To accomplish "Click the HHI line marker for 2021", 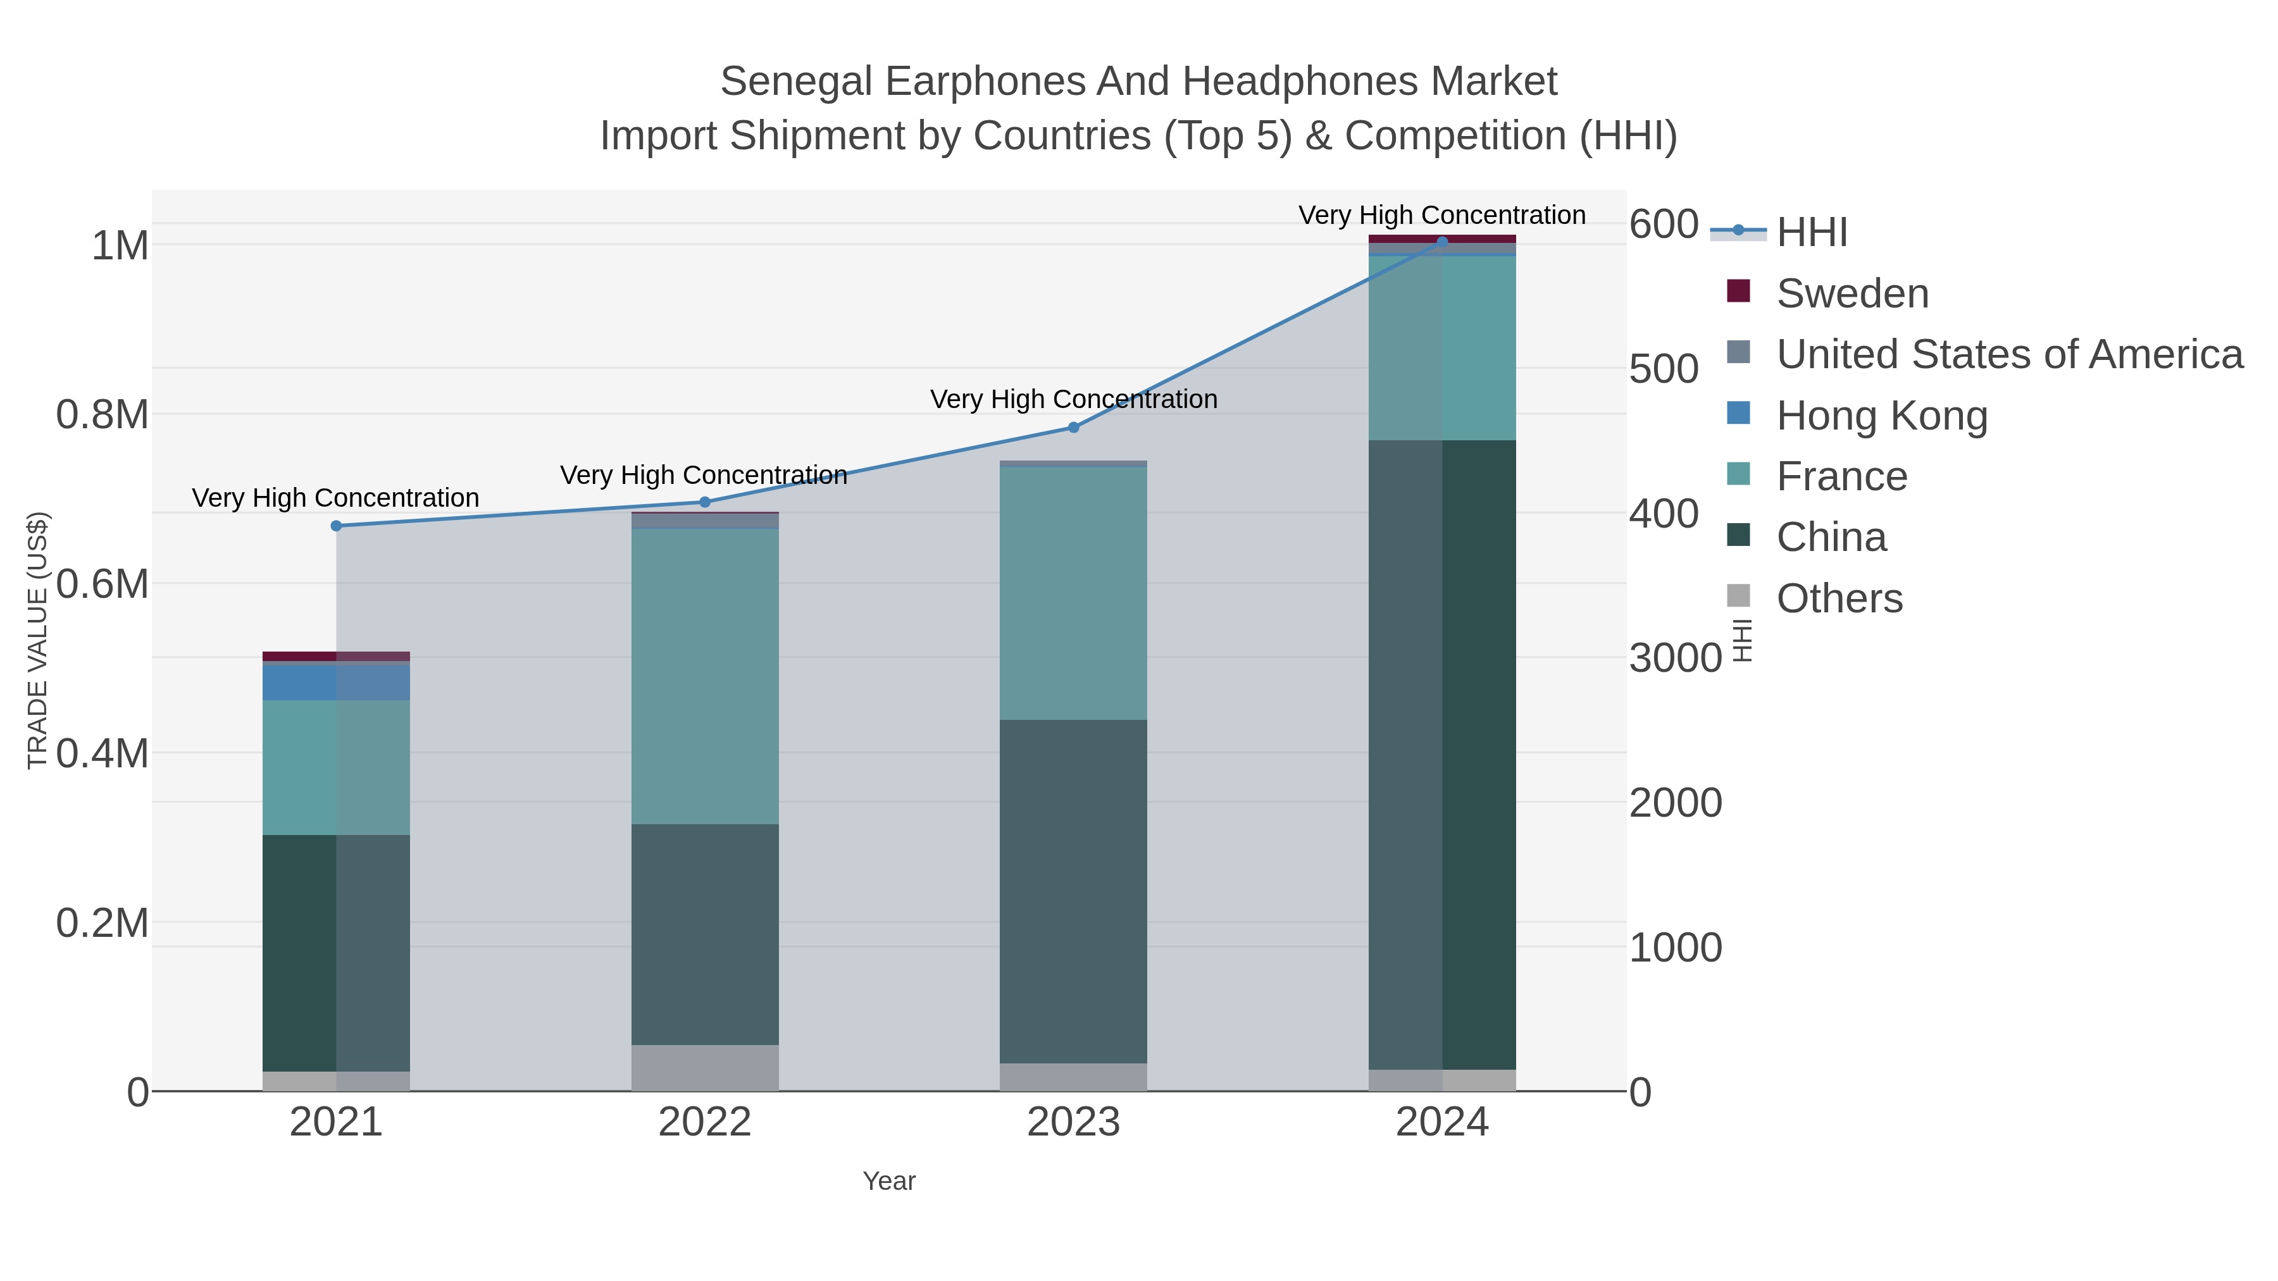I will pyautogui.click(x=336, y=526).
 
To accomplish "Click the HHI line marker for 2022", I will pyautogui.click(x=705, y=502).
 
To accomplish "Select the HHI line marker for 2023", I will pyautogui.click(x=1074, y=427).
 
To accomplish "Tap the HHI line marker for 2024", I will pyautogui.click(x=1442, y=242).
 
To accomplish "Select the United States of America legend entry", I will pyautogui.click(x=2009, y=354).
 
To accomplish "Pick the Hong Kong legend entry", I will pyautogui.click(x=1882, y=416).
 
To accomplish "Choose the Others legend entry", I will pyautogui.click(x=1839, y=598).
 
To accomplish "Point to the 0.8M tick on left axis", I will pyautogui.click(x=103, y=414).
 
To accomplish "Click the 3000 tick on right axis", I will pyautogui.click(x=1675, y=658).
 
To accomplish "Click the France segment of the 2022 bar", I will pyautogui.click(x=705, y=676).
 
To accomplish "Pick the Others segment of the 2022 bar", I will pyautogui.click(x=705, y=1067).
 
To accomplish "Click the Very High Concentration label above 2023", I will pyautogui.click(x=1074, y=400).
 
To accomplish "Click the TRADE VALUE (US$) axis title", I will pyautogui.click(x=37, y=640).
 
